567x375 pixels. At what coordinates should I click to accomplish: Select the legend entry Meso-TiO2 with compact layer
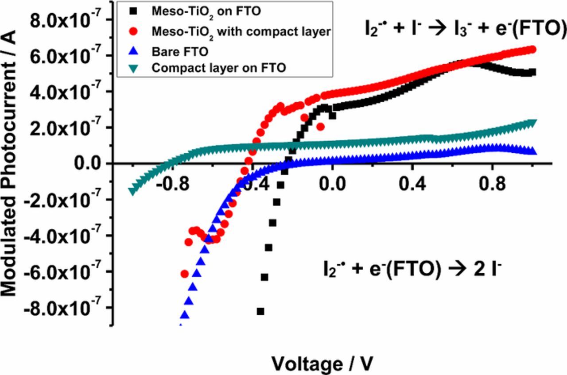[x=241, y=32]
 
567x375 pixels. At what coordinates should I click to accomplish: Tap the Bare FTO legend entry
[x=179, y=51]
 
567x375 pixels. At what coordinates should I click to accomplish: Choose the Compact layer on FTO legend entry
[x=218, y=68]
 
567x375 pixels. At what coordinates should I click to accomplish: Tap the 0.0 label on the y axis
[x=88, y=164]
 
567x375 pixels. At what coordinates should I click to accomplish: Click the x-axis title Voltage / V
[x=322, y=363]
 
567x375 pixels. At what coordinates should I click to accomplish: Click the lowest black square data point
[x=260, y=311]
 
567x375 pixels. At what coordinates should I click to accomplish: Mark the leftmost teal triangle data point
[x=132, y=191]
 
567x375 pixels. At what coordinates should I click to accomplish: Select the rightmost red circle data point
[x=532, y=50]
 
